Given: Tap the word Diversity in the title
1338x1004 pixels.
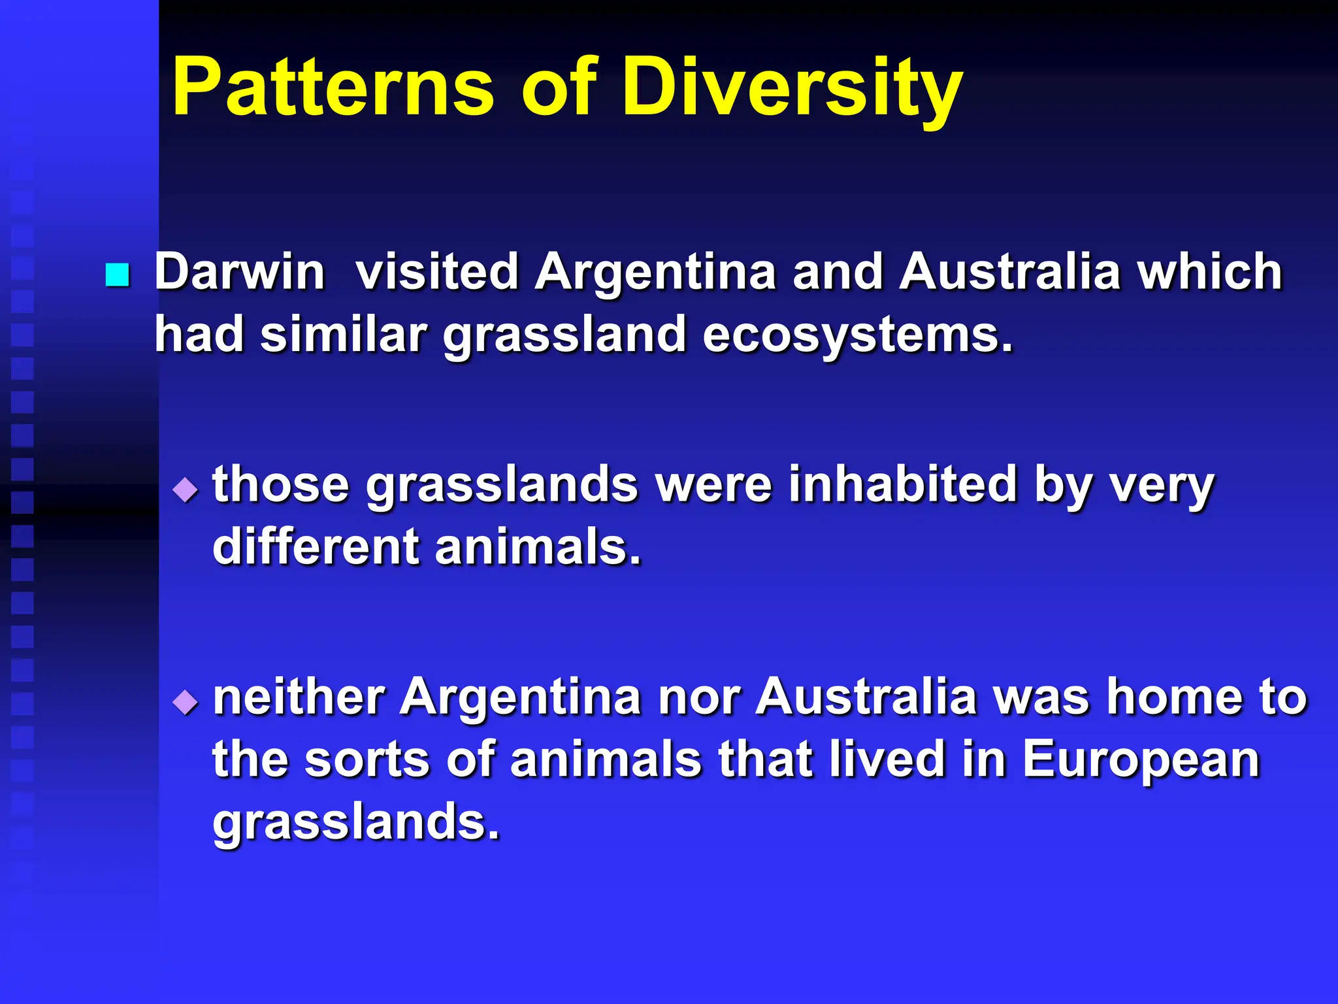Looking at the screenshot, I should pos(792,88).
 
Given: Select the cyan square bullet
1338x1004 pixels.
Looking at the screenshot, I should pos(118,275).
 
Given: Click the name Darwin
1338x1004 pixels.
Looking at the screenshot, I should pos(239,272).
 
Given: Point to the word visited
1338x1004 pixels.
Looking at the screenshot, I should pos(437,272).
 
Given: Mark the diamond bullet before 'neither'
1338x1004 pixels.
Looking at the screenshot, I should pos(186,703).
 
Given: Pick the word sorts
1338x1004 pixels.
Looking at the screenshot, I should pos(367,761).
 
